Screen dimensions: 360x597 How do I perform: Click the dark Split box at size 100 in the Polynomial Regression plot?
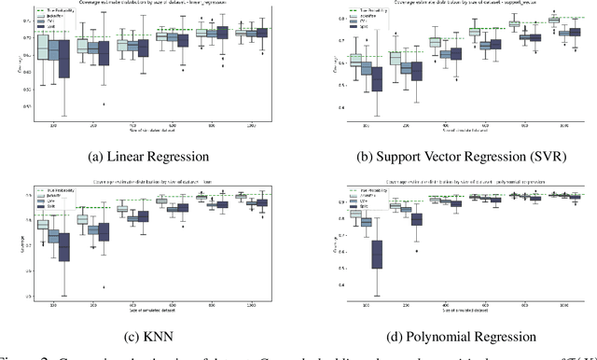377,254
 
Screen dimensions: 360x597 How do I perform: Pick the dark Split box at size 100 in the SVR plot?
377,78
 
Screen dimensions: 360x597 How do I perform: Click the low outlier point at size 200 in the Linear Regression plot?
104,104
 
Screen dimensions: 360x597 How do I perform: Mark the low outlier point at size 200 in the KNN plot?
104,286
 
